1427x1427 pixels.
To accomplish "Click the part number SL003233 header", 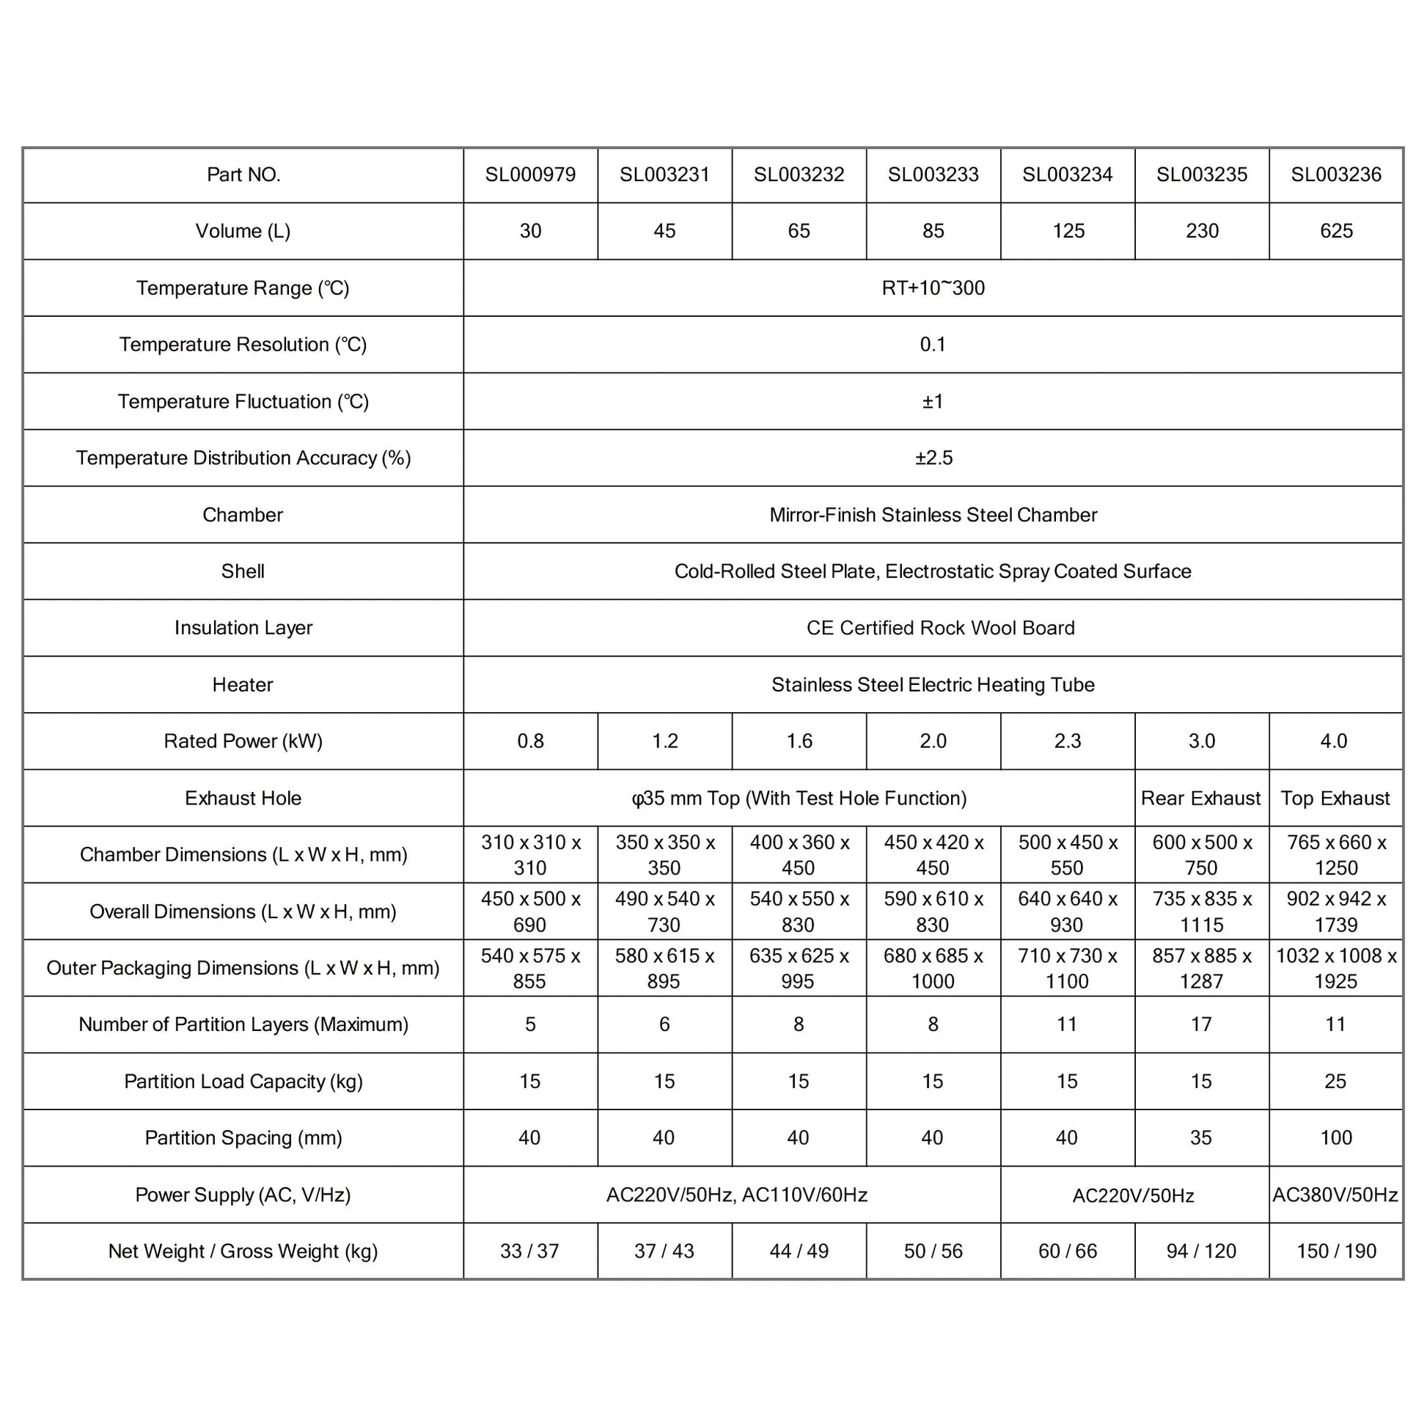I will coord(933,175).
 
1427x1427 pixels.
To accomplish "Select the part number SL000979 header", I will coord(530,175).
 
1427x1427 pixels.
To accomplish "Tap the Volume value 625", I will coord(1336,231).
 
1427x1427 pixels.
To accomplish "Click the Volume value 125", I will coord(1068,231).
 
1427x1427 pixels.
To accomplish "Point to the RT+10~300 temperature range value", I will coord(933,288).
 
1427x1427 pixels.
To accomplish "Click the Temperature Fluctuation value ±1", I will coord(933,402).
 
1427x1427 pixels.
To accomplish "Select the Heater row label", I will coord(243,685).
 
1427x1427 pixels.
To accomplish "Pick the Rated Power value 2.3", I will coord(1067,741).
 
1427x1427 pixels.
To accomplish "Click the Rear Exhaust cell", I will coord(1201,799).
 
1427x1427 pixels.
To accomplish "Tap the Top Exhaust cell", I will coord(1335,799).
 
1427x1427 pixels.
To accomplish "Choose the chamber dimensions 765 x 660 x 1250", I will coord(1336,854).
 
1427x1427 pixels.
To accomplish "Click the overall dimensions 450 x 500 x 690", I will coord(530,911).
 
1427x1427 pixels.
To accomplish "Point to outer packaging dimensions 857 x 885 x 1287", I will coord(1202,968).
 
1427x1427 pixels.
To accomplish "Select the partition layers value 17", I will coord(1201,1024).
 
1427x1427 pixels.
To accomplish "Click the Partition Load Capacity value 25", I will coord(1335,1082).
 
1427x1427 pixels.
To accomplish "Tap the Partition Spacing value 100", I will coord(1336,1137).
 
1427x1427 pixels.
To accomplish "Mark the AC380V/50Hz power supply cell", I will coord(1335,1195).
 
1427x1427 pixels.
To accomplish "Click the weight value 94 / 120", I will coord(1201,1251).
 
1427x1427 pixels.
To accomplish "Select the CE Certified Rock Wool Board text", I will coord(940,628).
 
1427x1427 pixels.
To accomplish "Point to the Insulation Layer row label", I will coord(243,628).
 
